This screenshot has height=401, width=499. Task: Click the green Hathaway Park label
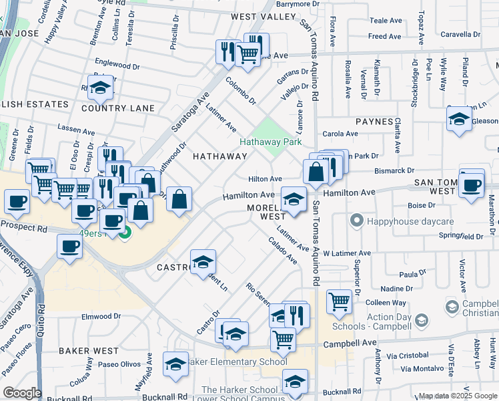271,142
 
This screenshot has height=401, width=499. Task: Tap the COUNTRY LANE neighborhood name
118,108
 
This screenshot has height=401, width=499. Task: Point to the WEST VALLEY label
263,16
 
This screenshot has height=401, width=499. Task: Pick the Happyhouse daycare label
399,221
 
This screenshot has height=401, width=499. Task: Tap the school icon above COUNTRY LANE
100,88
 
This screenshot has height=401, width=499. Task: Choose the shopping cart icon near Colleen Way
339,301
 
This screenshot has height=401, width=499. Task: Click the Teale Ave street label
385,21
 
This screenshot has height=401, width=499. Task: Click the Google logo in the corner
22,393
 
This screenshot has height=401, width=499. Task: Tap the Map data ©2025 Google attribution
458,396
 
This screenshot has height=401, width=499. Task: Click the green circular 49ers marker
125,233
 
